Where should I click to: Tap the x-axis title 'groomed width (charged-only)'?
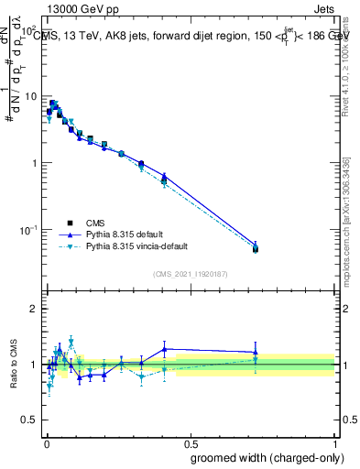(263, 457)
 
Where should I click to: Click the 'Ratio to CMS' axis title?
(13, 365)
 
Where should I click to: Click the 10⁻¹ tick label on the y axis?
(28, 229)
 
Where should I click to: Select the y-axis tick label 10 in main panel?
(31, 96)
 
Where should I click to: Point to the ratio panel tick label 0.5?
(30, 422)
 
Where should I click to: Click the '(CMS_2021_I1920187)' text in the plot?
(190, 274)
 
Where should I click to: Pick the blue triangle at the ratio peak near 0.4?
(165, 349)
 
